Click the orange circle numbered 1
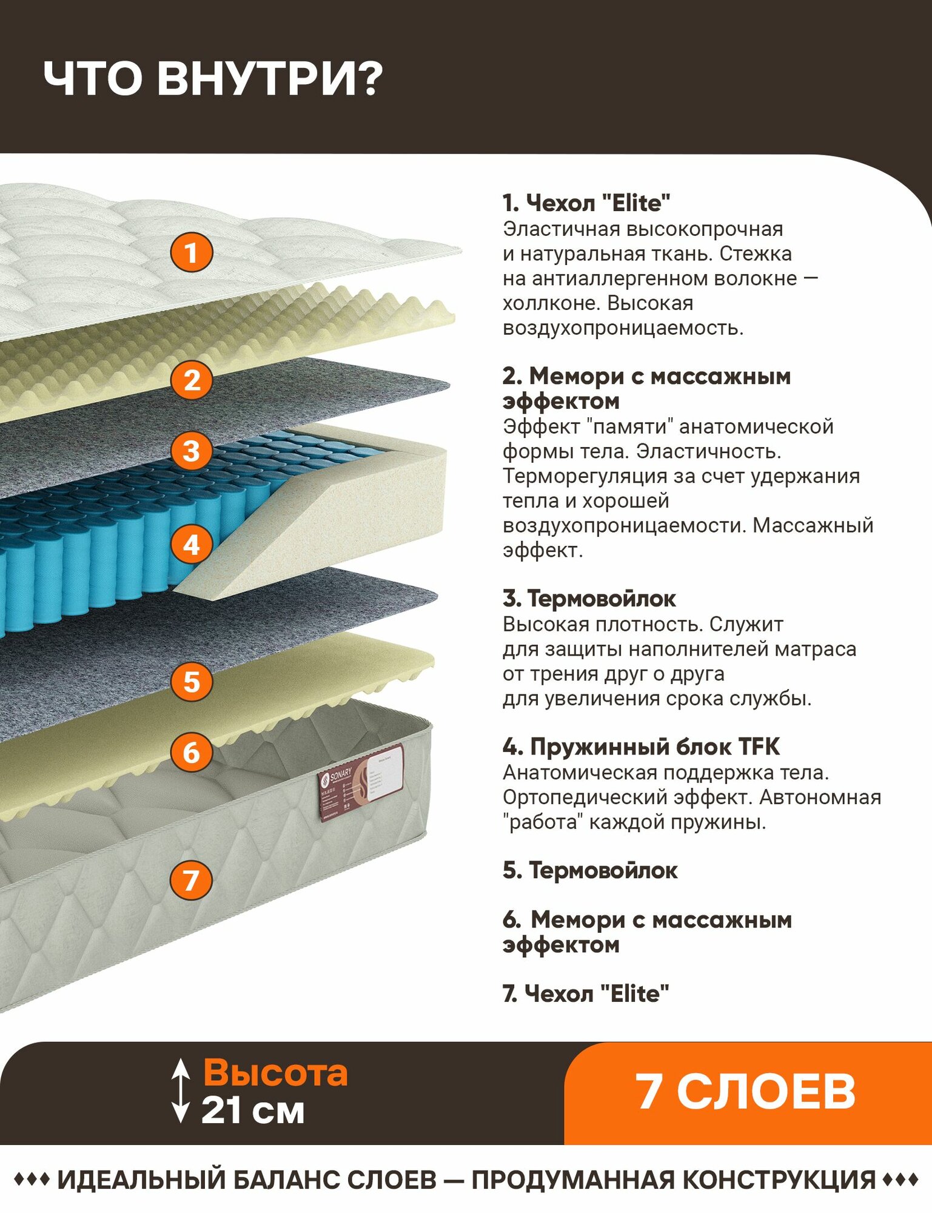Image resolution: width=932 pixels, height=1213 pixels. click(191, 252)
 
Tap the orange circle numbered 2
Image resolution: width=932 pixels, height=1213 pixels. click(192, 380)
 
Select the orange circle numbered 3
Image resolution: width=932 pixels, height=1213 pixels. click(192, 451)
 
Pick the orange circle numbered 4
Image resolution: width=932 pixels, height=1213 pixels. click(192, 544)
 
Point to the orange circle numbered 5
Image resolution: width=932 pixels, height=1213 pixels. click(192, 681)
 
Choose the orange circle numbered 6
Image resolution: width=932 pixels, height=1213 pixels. click(192, 753)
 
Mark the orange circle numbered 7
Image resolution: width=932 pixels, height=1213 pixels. click(191, 880)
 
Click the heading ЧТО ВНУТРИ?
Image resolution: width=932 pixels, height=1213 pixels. click(213, 79)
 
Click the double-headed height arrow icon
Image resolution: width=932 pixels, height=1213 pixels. click(180, 1091)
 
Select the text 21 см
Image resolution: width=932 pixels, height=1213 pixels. click(253, 1111)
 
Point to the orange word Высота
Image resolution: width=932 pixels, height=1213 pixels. click(275, 1072)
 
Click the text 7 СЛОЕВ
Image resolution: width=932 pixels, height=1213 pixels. click(745, 1092)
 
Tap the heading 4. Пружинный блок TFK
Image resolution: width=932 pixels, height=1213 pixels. click(641, 747)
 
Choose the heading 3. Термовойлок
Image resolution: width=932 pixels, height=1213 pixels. click(589, 599)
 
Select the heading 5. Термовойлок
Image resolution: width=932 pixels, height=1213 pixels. click(590, 870)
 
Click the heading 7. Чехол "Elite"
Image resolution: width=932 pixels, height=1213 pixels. click(586, 993)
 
